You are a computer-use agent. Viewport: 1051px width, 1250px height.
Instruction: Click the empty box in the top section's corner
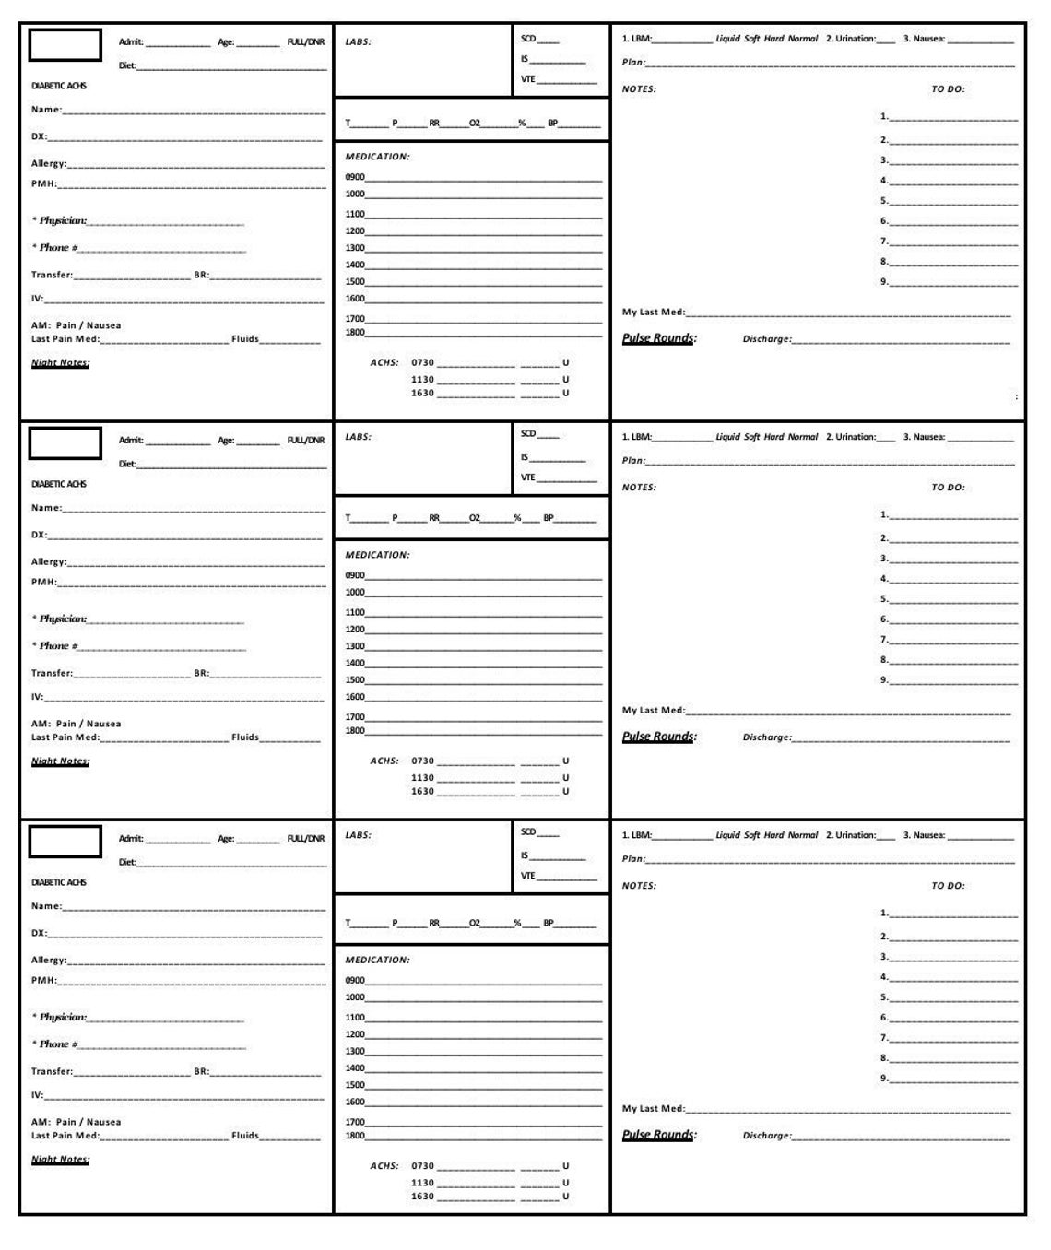coord(65,45)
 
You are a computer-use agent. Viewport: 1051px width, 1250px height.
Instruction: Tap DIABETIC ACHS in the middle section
coord(59,484)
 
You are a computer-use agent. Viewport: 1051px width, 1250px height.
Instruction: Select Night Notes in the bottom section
coord(60,1160)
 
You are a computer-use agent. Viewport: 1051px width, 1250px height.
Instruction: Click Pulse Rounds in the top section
coord(659,338)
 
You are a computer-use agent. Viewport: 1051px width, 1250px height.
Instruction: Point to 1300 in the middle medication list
coord(355,646)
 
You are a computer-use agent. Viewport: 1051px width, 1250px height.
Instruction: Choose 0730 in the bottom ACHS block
coord(422,1166)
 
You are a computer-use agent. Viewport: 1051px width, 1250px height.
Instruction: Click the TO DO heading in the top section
coord(948,89)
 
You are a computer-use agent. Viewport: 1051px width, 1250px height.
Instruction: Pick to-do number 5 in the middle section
coord(884,599)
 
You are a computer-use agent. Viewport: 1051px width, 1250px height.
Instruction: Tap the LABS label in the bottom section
coord(358,835)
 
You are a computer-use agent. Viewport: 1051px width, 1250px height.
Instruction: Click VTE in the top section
coord(527,79)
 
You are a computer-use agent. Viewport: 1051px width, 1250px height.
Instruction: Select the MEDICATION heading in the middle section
coord(377,555)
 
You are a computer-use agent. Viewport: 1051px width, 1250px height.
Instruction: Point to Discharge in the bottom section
coord(766,1136)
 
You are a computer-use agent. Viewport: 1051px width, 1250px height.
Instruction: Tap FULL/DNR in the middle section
coord(306,441)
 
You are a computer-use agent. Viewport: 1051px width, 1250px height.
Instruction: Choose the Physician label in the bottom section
coord(62,1018)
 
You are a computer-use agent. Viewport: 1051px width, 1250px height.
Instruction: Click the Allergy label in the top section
coord(49,164)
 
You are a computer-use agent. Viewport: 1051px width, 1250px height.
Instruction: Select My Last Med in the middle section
coord(653,711)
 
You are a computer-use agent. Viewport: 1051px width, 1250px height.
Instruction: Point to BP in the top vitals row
coord(553,124)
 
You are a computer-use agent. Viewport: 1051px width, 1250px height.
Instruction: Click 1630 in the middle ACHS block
coord(422,792)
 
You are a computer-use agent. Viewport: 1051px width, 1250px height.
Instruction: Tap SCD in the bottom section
coord(528,832)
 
